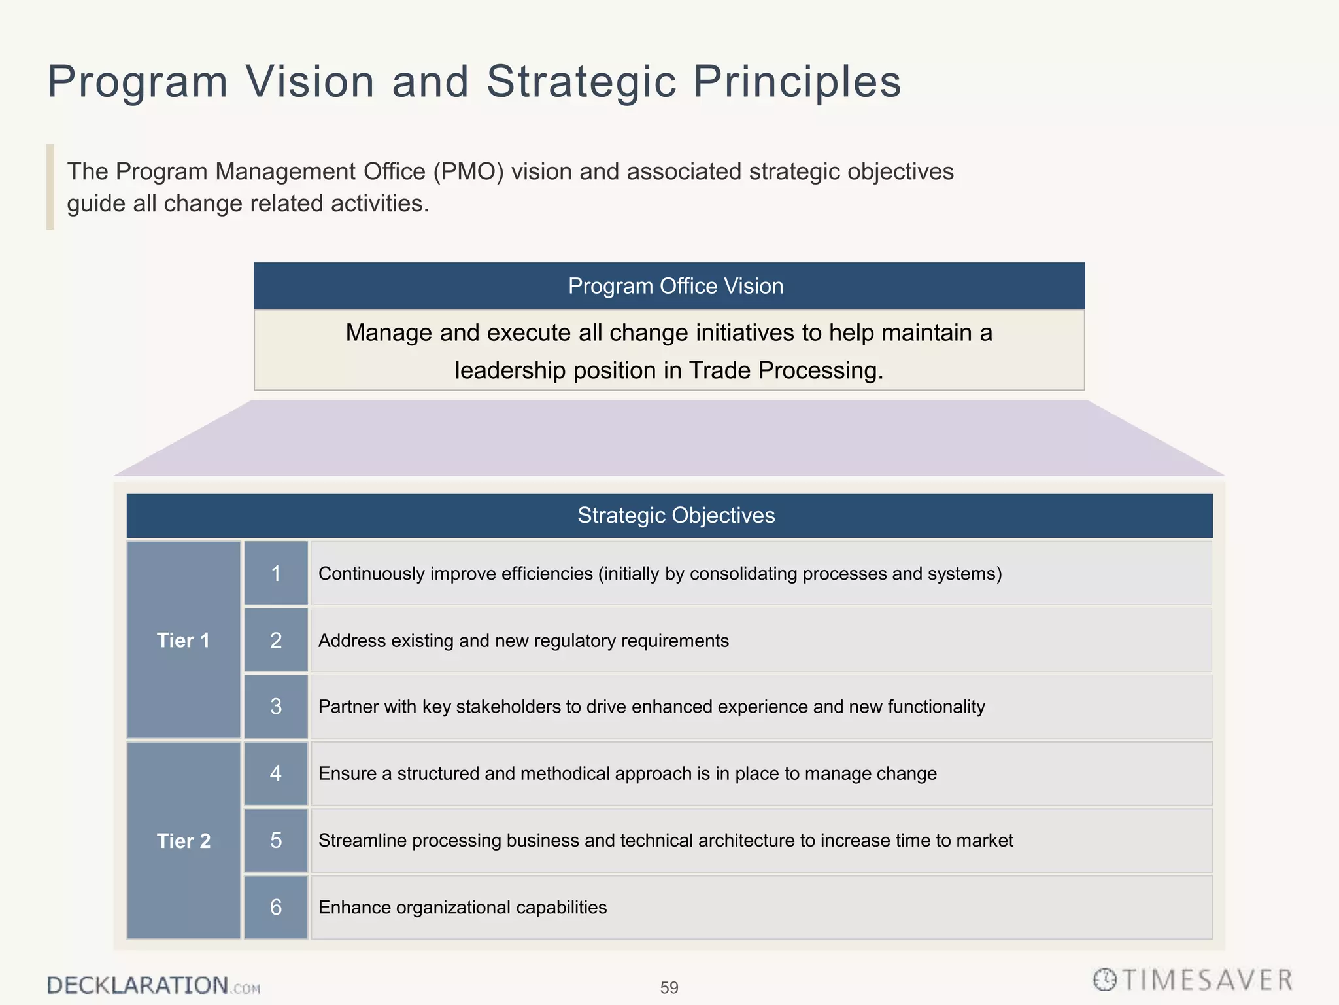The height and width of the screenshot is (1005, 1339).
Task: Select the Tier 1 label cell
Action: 184,640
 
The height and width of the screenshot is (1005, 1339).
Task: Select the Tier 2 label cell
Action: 184,841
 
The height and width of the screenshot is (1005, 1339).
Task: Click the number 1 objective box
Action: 276,573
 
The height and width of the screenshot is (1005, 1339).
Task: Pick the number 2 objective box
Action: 276,640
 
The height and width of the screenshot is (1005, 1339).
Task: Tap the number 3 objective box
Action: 276,707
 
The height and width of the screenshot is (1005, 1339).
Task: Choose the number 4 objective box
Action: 276,773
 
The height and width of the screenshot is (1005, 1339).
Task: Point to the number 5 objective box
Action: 276,841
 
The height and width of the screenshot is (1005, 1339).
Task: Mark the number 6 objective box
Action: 276,908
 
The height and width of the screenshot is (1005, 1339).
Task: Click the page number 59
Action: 669,987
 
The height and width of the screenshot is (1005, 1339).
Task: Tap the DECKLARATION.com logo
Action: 153,985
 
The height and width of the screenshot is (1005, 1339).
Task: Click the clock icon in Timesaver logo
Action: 1105,979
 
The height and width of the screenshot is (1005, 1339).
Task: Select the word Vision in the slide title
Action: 310,82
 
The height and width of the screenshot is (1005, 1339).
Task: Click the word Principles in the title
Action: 797,82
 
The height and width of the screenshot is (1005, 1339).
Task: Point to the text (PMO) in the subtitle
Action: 468,171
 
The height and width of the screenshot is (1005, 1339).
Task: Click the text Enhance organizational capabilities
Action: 462,908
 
